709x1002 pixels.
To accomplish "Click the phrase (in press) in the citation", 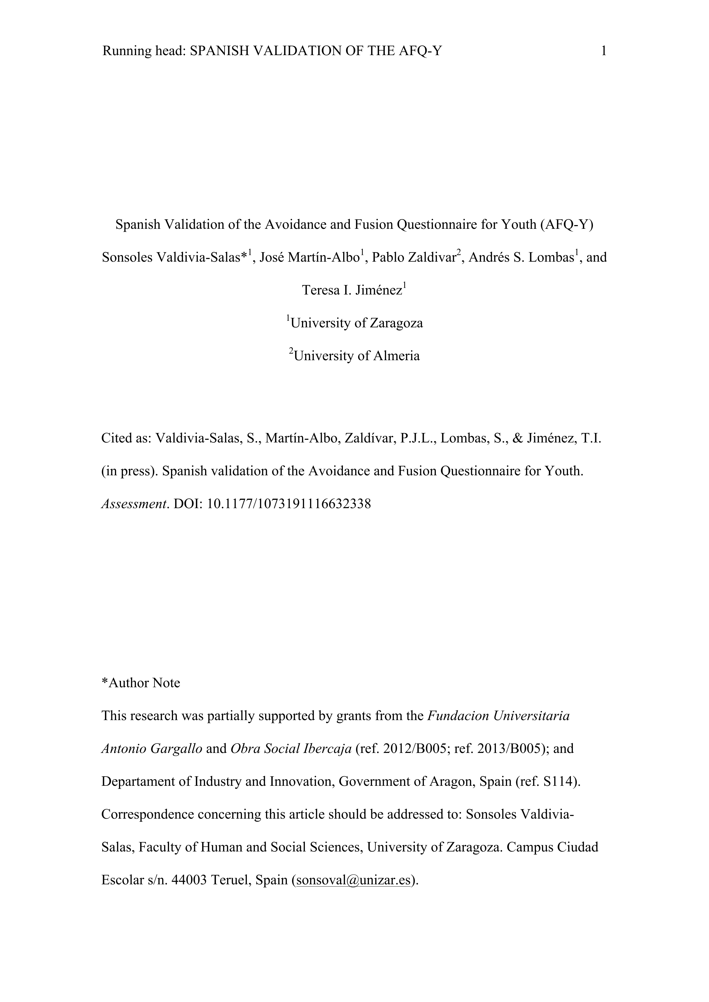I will pyautogui.click(x=129, y=471).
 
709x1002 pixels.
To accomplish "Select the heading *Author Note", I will pyautogui.click(x=141, y=683).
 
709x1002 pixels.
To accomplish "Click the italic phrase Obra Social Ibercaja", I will pyautogui.click(x=291, y=748).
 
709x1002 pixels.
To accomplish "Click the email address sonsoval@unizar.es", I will pyautogui.click(x=354, y=880).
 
